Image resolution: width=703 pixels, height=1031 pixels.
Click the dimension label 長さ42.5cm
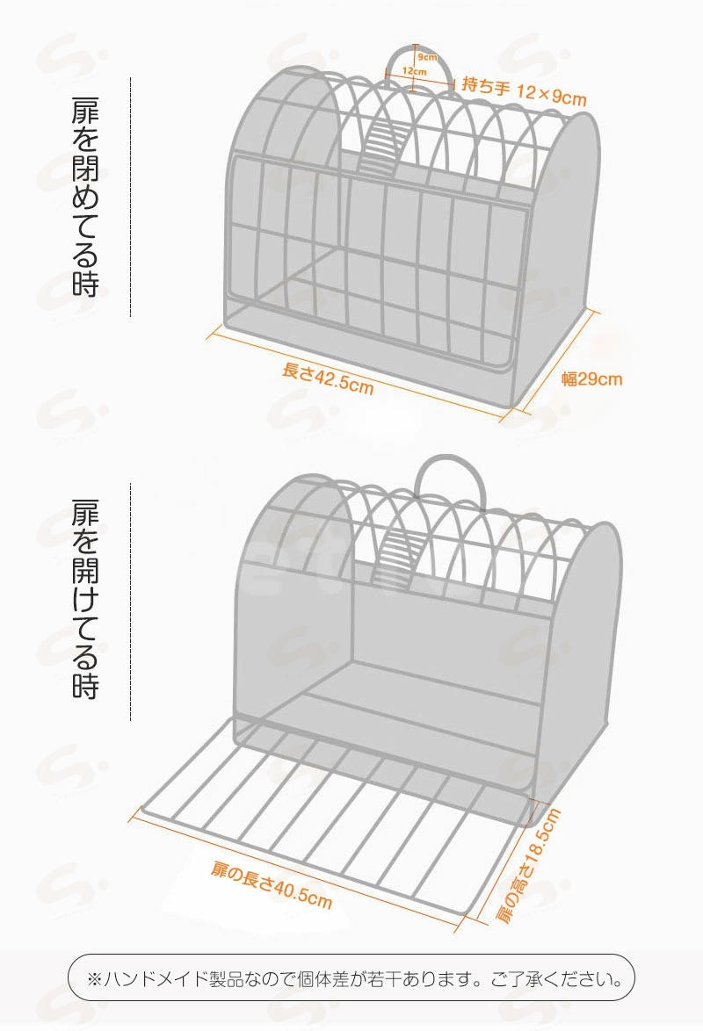[328, 379]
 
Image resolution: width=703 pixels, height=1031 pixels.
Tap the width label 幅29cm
[591, 379]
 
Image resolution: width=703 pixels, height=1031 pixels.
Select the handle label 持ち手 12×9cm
[524, 90]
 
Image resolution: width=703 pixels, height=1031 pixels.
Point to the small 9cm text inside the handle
[427, 57]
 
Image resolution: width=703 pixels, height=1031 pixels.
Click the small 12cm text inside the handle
[414, 70]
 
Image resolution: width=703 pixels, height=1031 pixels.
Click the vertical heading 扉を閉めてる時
[85, 198]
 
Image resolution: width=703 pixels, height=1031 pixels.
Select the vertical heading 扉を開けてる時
[85, 599]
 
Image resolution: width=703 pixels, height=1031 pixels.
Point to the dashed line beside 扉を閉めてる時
[130, 198]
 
